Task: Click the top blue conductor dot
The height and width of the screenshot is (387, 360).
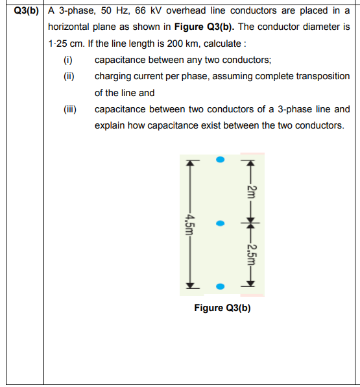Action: (x=220, y=158)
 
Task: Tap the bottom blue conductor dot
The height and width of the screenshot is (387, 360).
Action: (x=220, y=286)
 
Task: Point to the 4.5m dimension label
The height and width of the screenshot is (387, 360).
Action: (x=189, y=224)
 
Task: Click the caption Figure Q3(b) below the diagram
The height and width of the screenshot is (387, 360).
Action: (x=222, y=307)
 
